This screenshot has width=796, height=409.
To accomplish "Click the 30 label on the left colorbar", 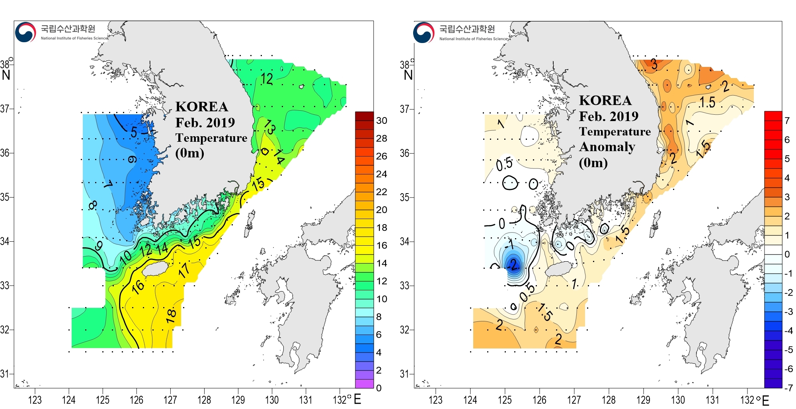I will click(x=381, y=121).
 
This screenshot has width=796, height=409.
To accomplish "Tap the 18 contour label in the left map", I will click(x=171, y=315).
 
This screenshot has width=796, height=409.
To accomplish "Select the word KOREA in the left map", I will click(x=202, y=107).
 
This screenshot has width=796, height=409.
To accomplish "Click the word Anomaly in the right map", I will click(x=607, y=147).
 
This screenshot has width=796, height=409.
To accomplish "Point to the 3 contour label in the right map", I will click(x=654, y=64).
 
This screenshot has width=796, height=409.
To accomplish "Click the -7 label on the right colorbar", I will click(x=788, y=387).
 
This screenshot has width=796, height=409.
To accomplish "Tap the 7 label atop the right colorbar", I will click(x=787, y=121).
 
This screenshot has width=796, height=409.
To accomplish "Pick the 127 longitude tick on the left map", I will click(x=170, y=399).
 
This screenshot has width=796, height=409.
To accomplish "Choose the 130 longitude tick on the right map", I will click(x=678, y=399).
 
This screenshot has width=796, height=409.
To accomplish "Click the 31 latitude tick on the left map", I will click(x=5, y=374).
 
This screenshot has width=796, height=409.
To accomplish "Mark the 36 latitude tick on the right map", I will click(x=404, y=153).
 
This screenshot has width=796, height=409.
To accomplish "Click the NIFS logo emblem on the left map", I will click(x=25, y=32).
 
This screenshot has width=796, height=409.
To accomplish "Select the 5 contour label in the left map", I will click(x=134, y=132).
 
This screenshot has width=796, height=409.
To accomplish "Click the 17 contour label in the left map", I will click(x=184, y=270).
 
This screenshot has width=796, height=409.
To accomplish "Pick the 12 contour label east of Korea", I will click(x=267, y=79).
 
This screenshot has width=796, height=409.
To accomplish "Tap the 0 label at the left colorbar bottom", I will click(x=378, y=388).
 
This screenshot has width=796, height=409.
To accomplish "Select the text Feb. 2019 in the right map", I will click(x=609, y=116).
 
